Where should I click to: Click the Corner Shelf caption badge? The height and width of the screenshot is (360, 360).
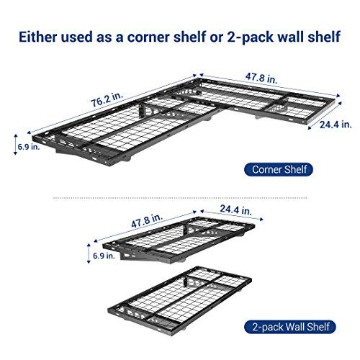(x=278, y=170)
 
